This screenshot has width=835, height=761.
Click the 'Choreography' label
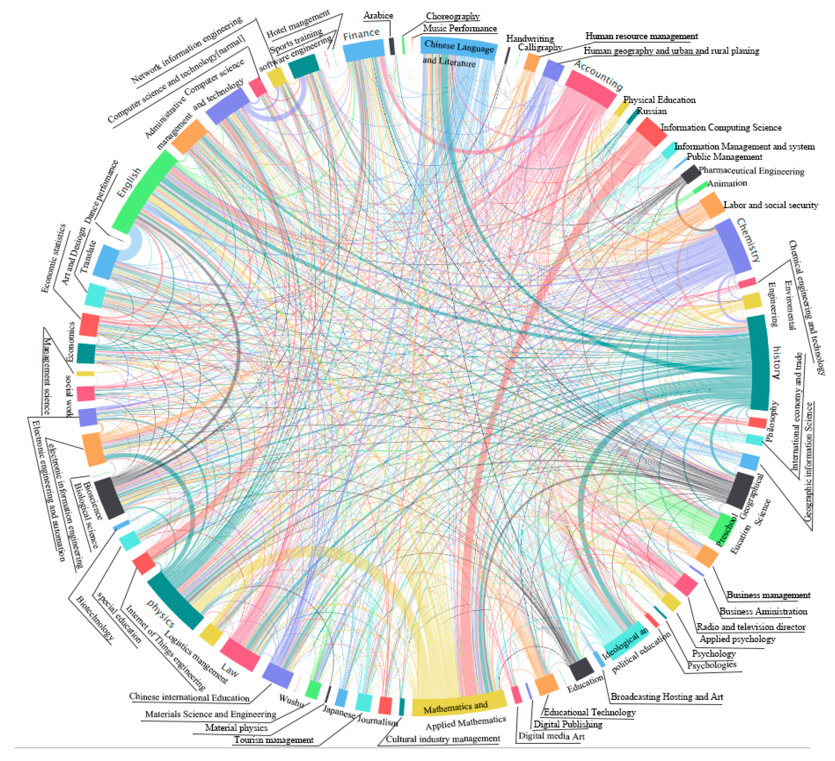(453, 16)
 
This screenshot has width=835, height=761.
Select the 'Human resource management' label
(641, 36)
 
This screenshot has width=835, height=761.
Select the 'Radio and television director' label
(751, 627)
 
